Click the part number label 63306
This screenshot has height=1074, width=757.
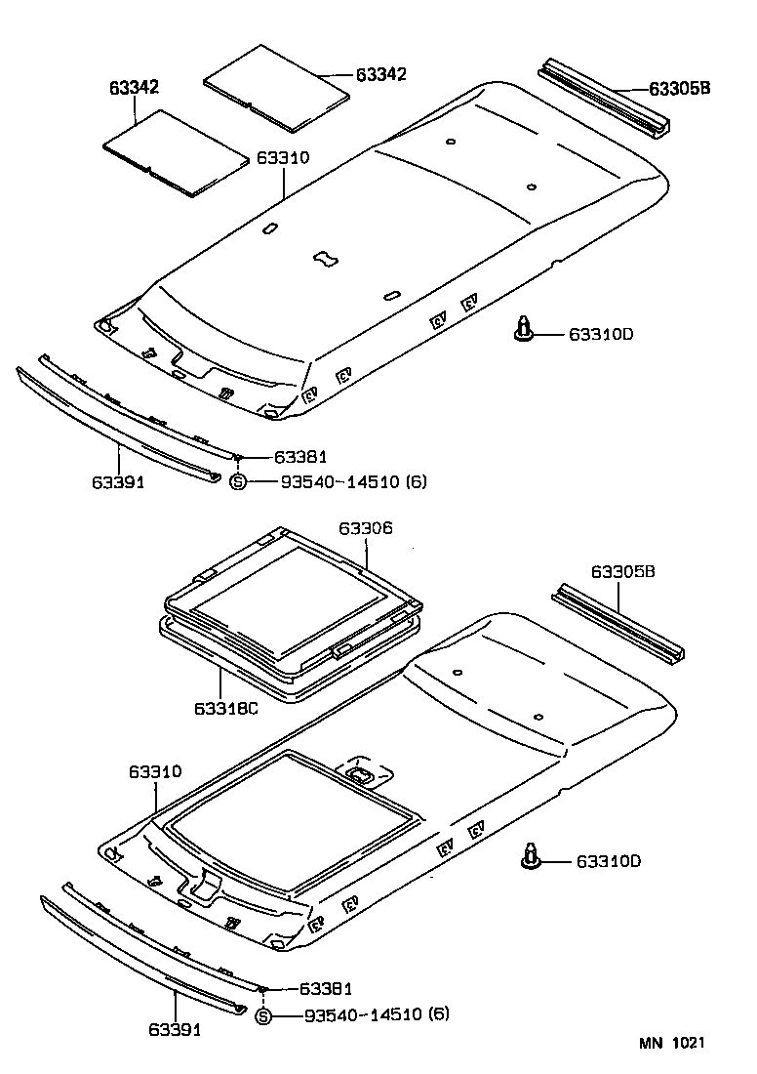(366, 528)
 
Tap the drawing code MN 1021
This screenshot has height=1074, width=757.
(672, 1044)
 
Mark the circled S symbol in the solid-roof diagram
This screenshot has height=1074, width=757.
(237, 481)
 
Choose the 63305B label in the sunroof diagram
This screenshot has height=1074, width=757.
(623, 572)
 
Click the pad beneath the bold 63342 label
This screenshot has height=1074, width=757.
(176, 151)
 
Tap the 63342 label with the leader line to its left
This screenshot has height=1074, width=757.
(381, 75)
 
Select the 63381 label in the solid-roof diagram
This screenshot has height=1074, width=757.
(299, 457)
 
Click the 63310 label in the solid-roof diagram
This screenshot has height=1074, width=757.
(283, 157)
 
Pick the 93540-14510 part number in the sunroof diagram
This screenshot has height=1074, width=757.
(363, 1015)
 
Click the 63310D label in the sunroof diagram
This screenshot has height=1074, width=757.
(608, 861)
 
